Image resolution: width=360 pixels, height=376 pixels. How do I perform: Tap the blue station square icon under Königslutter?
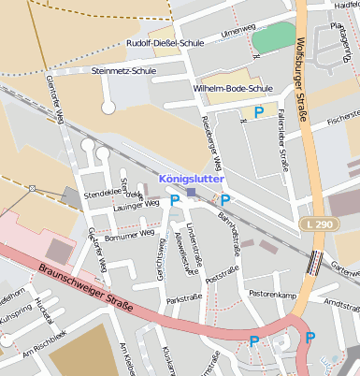point(191,193)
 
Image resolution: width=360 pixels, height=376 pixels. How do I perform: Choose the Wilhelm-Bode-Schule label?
point(231,89)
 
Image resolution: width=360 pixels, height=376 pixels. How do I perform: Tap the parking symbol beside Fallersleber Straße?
point(259,112)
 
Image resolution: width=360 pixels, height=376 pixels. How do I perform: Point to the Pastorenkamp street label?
point(273,295)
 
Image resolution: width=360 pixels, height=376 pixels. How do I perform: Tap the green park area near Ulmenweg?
point(272,38)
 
